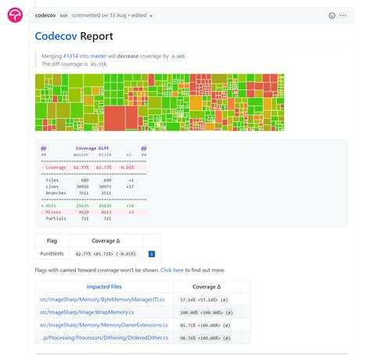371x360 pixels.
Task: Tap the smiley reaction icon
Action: (x=332, y=16)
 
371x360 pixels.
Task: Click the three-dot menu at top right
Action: (x=346, y=16)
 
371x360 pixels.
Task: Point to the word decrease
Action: (x=128, y=56)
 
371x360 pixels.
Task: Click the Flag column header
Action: (x=52, y=241)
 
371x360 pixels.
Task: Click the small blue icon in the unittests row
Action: (x=151, y=254)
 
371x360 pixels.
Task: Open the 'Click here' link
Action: (x=172, y=270)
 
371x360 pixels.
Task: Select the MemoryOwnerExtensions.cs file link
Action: (x=104, y=325)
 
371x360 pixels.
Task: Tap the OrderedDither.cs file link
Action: (x=103, y=337)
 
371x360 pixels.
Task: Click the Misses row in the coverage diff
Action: (x=55, y=212)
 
